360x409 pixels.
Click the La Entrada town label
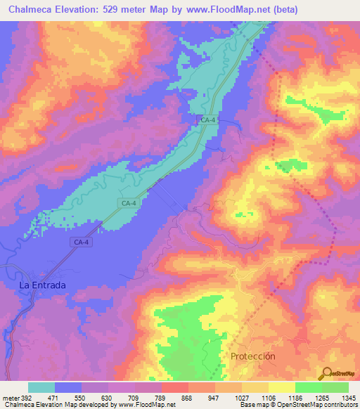[42, 285]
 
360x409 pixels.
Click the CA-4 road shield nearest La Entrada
[81, 242]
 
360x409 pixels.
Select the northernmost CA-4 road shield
[207, 121]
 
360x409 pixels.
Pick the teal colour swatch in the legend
[41, 387]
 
